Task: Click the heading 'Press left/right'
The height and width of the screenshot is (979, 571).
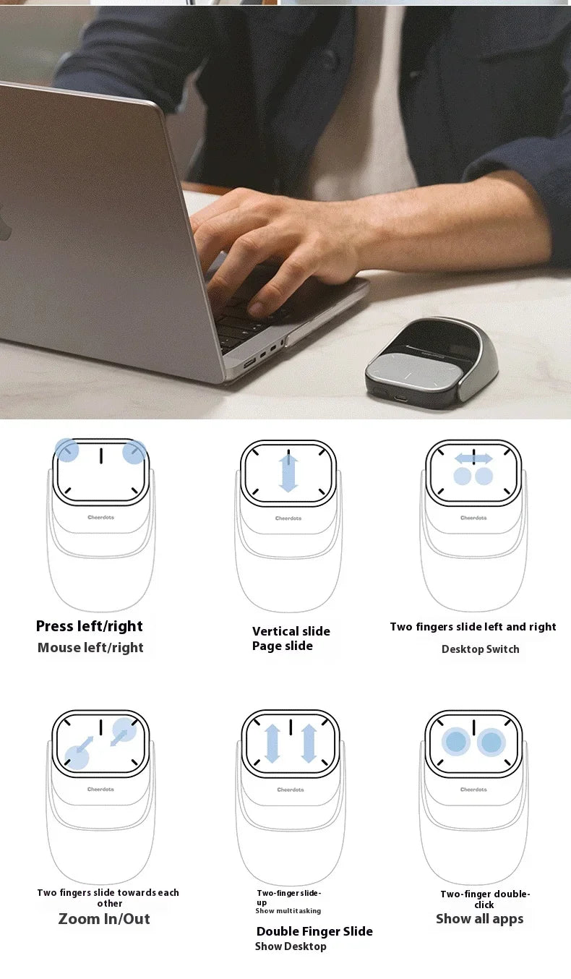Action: tap(90, 626)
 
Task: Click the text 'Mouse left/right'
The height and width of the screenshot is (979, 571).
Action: tap(90, 648)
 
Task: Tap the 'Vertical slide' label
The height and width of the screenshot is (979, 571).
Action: tap(291, 631)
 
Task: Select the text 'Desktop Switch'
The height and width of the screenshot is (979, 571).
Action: tap(480, 649)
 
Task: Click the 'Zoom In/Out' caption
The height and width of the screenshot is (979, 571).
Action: tap(104, 919)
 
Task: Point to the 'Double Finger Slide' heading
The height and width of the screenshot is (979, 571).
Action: tap(314, 931)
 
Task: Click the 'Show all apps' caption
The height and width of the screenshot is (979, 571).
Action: tap(479, 919)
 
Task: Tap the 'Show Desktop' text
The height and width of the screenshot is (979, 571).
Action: tap(291, 946)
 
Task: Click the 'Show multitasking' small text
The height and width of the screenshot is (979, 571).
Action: tap(288, 911)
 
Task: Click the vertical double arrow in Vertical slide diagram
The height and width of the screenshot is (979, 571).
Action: tap(288, 473)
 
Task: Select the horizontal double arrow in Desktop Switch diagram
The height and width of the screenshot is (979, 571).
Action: tap(473, 458)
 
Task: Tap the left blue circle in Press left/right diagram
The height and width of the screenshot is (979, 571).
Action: tap(66, 450)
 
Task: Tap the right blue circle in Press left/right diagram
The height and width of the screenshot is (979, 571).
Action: tap(134, 453)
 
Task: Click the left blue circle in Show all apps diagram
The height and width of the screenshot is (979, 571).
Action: tap(456, 742)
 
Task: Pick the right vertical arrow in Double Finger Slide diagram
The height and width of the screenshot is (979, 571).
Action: tap(309, 743)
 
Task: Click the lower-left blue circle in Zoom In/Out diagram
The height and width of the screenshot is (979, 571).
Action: tap(77, 757)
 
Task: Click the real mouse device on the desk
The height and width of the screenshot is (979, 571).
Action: tap(432, 360)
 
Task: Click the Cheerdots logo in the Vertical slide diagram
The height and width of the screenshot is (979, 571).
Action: tap(288, 518)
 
